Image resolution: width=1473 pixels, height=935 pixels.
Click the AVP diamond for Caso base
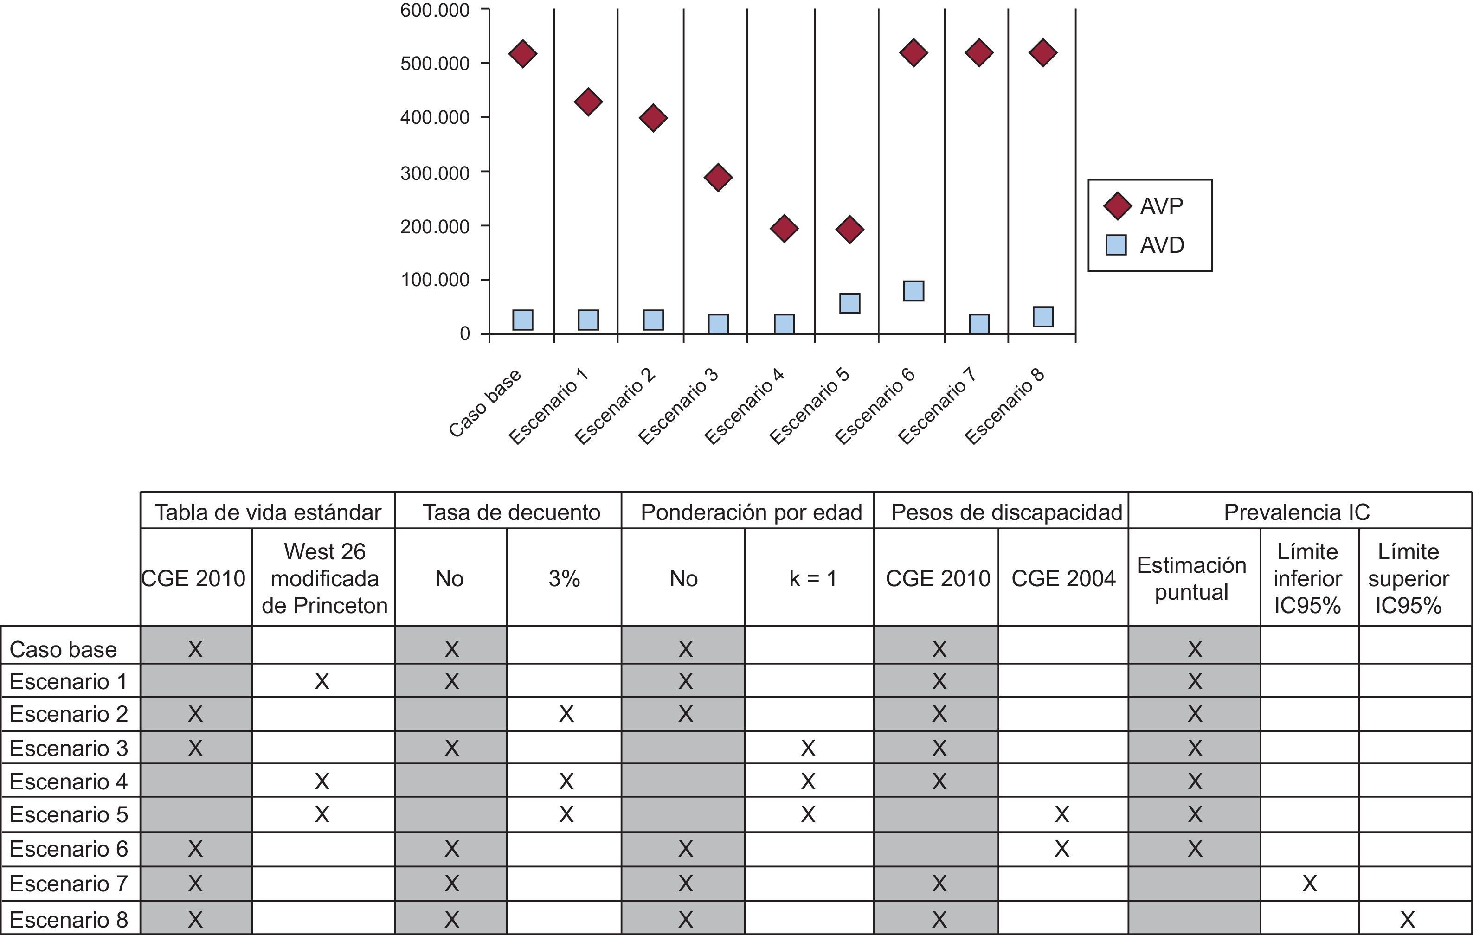tap(522, 54)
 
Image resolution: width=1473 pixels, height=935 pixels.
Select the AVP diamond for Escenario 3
tap(718, 177)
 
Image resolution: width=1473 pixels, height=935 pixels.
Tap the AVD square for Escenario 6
tap(913, 291)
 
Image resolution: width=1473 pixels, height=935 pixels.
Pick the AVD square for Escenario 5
tap(849, 303)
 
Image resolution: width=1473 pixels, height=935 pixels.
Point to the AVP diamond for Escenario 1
tap(588, 102)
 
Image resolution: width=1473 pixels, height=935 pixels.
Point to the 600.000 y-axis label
tap(435, 10)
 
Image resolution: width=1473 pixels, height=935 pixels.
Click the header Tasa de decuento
tap(511, 512)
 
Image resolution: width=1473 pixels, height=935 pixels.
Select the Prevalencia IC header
tap(1296, 512)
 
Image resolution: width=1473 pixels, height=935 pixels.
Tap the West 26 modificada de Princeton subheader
tap(324, 578)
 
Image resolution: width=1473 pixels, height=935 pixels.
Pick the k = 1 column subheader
tap(812, 578)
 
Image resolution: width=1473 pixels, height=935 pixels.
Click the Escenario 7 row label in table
tap(69, 884)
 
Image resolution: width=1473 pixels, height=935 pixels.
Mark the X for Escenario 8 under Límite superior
tap(1407, 919)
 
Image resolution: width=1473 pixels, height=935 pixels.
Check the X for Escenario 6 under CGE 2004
tap(1062, 849)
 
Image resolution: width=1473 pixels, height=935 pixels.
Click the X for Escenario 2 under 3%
tap(566, 714)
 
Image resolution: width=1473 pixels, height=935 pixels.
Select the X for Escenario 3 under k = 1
tap(808, 748)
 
